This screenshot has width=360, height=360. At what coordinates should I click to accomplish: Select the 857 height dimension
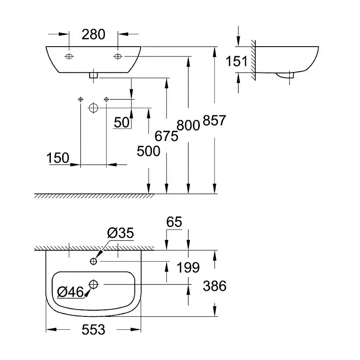coord(214,121)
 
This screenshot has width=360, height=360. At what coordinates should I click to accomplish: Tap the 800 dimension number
coord(188,126)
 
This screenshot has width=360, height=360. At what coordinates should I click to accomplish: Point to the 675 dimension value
coord(167,136)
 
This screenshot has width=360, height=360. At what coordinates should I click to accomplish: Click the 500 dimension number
coord(148,151)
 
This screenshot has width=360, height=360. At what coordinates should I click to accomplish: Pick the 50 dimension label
coord(122,123)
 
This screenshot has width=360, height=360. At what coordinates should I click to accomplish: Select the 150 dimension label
coord(58,158)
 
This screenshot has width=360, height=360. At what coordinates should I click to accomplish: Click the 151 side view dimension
coord(237,61)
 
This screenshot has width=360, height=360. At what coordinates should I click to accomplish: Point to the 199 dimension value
coord(189,268)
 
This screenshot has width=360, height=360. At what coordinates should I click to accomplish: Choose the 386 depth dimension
coord(215,285)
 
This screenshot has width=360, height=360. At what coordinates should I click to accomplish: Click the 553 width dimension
coord(93,330)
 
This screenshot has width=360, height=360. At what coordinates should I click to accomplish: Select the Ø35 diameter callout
coord(120,234)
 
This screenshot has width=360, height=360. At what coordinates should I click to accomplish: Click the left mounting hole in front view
coord(69,57)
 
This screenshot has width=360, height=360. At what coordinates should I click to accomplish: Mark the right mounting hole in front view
coord(118,57)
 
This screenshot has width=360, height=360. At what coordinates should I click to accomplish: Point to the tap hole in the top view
coord(94,261)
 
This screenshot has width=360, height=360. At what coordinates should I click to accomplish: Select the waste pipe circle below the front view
coord(94,107)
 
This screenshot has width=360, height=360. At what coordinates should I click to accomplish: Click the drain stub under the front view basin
coord(94,76)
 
